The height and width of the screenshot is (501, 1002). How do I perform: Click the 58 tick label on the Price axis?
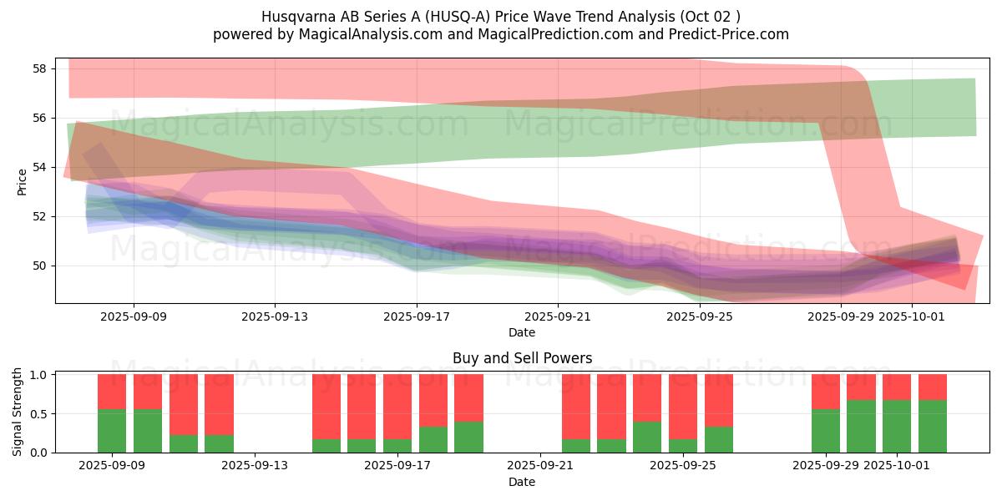click(38, 68)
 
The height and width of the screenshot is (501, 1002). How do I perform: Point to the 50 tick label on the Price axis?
click(38, 266)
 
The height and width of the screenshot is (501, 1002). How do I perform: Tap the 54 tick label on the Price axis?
click(38, 167)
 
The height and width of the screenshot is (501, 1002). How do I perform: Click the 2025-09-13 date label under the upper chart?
click(275, 317)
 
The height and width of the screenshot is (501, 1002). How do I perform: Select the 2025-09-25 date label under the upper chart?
click(700, 317)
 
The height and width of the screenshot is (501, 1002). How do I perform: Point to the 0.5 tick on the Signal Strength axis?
click(38, 414)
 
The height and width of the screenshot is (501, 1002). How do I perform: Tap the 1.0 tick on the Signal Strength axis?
click(38, 375)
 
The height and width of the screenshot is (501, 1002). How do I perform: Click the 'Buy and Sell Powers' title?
click(522, 358)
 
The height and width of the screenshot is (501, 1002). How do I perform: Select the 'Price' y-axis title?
click(22, 183)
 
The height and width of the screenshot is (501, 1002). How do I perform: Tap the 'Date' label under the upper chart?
click(522, 332)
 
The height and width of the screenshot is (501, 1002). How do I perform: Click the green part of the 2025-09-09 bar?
click(112, 431)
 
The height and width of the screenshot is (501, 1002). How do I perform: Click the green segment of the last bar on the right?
click(933, 427)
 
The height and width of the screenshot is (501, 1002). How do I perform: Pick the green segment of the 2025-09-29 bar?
click(826, 431)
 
